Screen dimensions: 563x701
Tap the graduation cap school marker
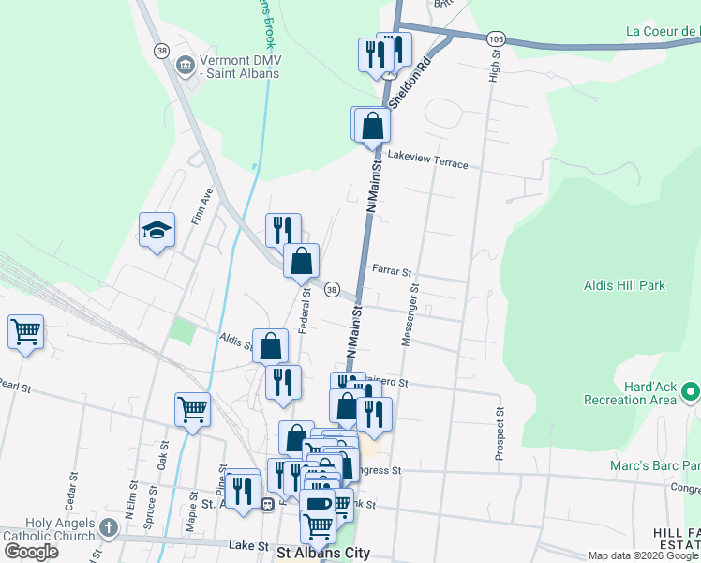157,231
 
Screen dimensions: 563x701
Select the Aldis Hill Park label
623,285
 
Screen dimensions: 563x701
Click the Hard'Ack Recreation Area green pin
691,389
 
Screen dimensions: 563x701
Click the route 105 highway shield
496,38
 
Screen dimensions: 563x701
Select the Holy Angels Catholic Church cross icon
108,528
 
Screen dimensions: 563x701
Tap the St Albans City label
322,553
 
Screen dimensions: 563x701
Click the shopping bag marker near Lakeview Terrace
373,125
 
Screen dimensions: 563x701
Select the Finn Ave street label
202,206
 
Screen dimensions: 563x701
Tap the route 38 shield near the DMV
162,51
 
